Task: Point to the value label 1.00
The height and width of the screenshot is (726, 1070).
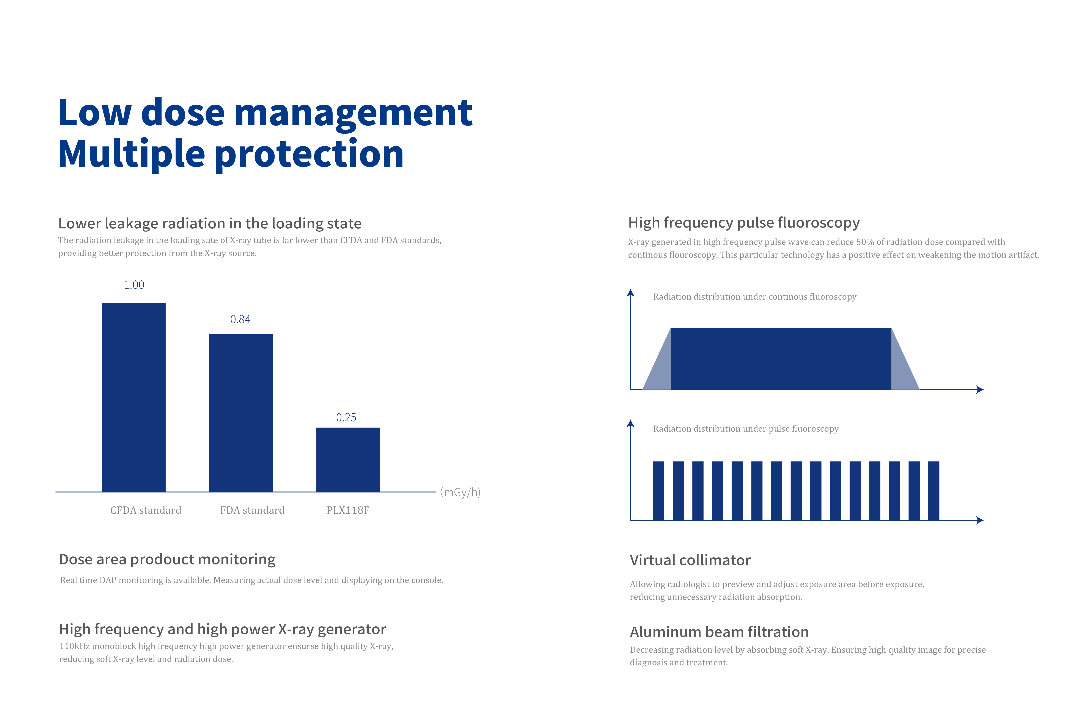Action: click(134, 285)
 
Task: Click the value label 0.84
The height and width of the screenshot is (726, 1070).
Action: click(240, 319)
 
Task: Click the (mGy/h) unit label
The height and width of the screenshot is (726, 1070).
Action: click(460, 492)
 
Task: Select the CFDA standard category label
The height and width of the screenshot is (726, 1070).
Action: click(146, 510)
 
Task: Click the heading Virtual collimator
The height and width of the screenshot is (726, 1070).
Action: click(690, 560)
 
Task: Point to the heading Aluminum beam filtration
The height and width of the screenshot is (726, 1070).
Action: click(719, 632)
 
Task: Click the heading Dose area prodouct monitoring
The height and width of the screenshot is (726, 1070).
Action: click(167, 559)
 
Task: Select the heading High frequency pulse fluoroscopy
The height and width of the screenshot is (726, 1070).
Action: click(744, 223)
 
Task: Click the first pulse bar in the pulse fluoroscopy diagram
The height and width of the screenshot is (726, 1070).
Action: click(658, 491)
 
